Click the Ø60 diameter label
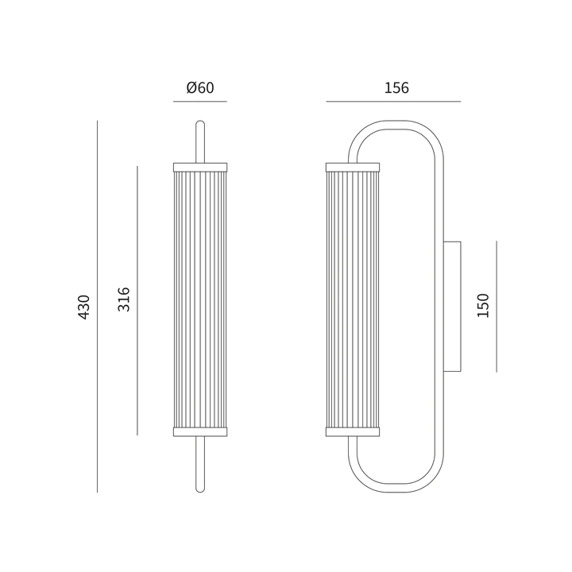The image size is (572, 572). tap(200, 87)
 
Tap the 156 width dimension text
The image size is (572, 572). tap(396, 88)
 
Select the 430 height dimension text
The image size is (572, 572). tap(84, 307)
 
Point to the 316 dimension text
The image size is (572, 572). tap(124, 300)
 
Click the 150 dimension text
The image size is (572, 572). tap(483, 305)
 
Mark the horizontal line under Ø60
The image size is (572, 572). tap(200, 102)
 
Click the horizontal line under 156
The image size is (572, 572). tap(393, 102)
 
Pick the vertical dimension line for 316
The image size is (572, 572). tap(137, 300)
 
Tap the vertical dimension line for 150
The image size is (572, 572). tap(497, 307)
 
